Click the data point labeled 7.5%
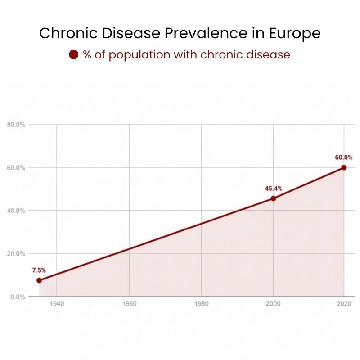click(39, 280)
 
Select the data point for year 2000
click(273, 198)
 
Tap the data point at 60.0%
click(344, 167)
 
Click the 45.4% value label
click(273, 189)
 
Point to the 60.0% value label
click(344, 157)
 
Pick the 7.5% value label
click(39, 270)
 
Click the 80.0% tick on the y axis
click(16, 125)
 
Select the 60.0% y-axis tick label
click(16, 168)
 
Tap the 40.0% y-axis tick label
click(16, 211)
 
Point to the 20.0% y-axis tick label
click(16, 254)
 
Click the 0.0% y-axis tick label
click(17, 297)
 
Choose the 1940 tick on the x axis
click(57, 304)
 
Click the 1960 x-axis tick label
click(129, 304)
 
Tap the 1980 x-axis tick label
click(201, 304)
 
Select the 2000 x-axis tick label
click(273, 304)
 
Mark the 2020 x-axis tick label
click(344, 304)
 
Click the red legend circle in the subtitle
click(74, 55)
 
